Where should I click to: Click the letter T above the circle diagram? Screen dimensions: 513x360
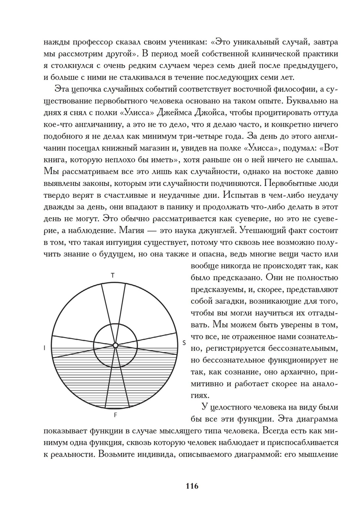[x=113, y=276]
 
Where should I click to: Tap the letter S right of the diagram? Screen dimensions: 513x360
[x=184, y=343]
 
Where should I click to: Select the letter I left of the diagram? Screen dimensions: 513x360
[x=44, y=348]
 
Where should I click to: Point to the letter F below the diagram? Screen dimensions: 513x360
[x=115, y=415]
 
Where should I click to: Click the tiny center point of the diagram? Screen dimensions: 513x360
[x=115, y=345]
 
